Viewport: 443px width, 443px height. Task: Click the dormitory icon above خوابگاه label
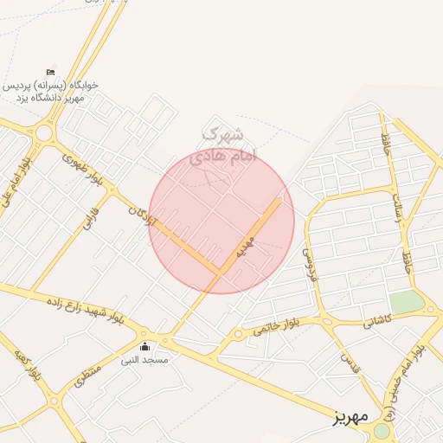pyautogui.click(x=50, y=71)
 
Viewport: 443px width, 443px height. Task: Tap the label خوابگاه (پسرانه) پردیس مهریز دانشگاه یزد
pyautogui.click(x=52, y=92)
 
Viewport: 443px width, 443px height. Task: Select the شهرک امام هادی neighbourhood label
pyautogui.click(x=223, y=145)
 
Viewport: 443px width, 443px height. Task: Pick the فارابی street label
pyautogui.click(x=92, y=217)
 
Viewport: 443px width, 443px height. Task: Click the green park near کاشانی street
pyautogui.click(x=406, y=303)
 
